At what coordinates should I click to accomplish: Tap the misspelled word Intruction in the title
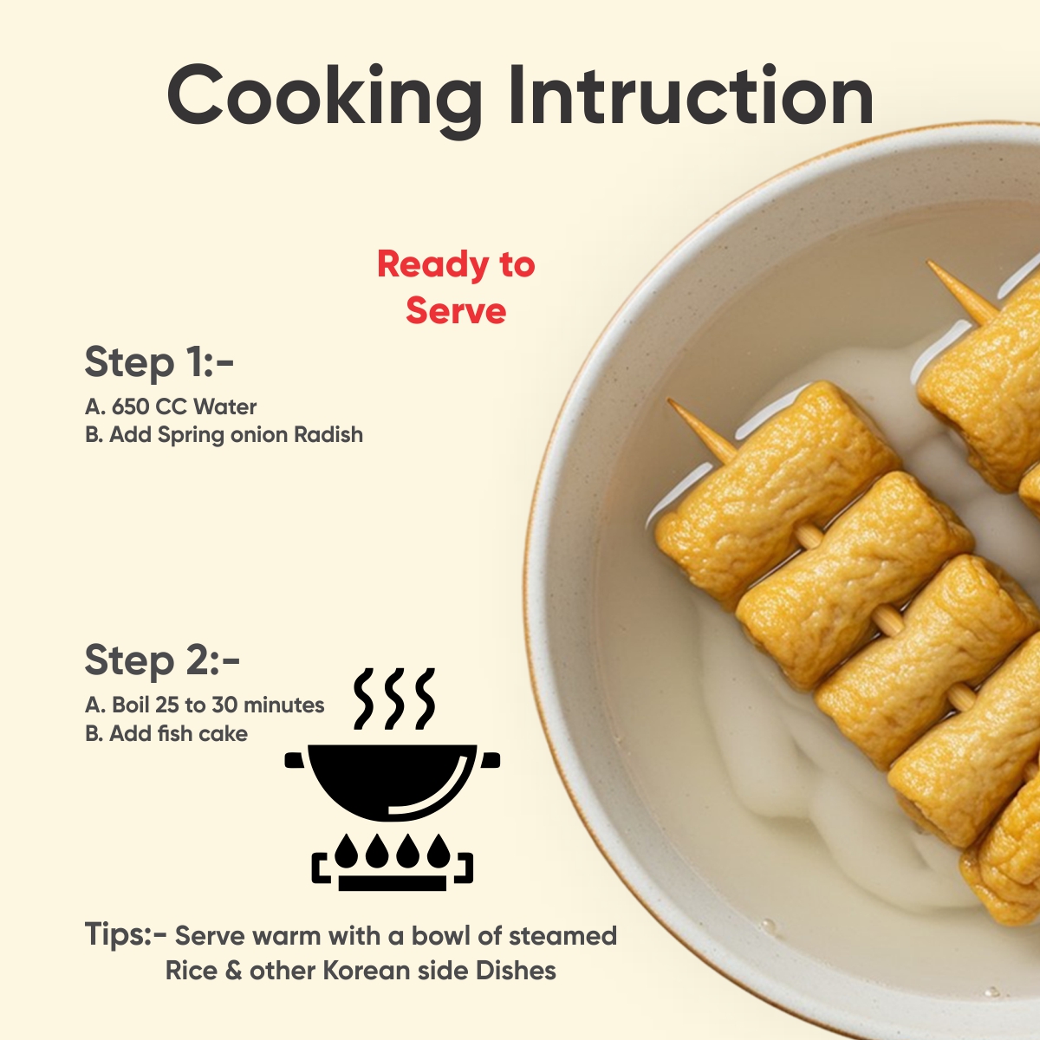[691, 95]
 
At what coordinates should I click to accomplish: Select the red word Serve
[456, 311]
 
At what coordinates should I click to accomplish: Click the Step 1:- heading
[159, 361]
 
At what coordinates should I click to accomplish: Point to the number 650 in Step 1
[131, 407]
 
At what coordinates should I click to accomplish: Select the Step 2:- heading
[162, 660]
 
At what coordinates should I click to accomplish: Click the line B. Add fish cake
[166, 733]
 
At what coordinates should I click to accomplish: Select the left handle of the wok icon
[296, 760]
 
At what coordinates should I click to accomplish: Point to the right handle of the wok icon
[490, 760]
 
